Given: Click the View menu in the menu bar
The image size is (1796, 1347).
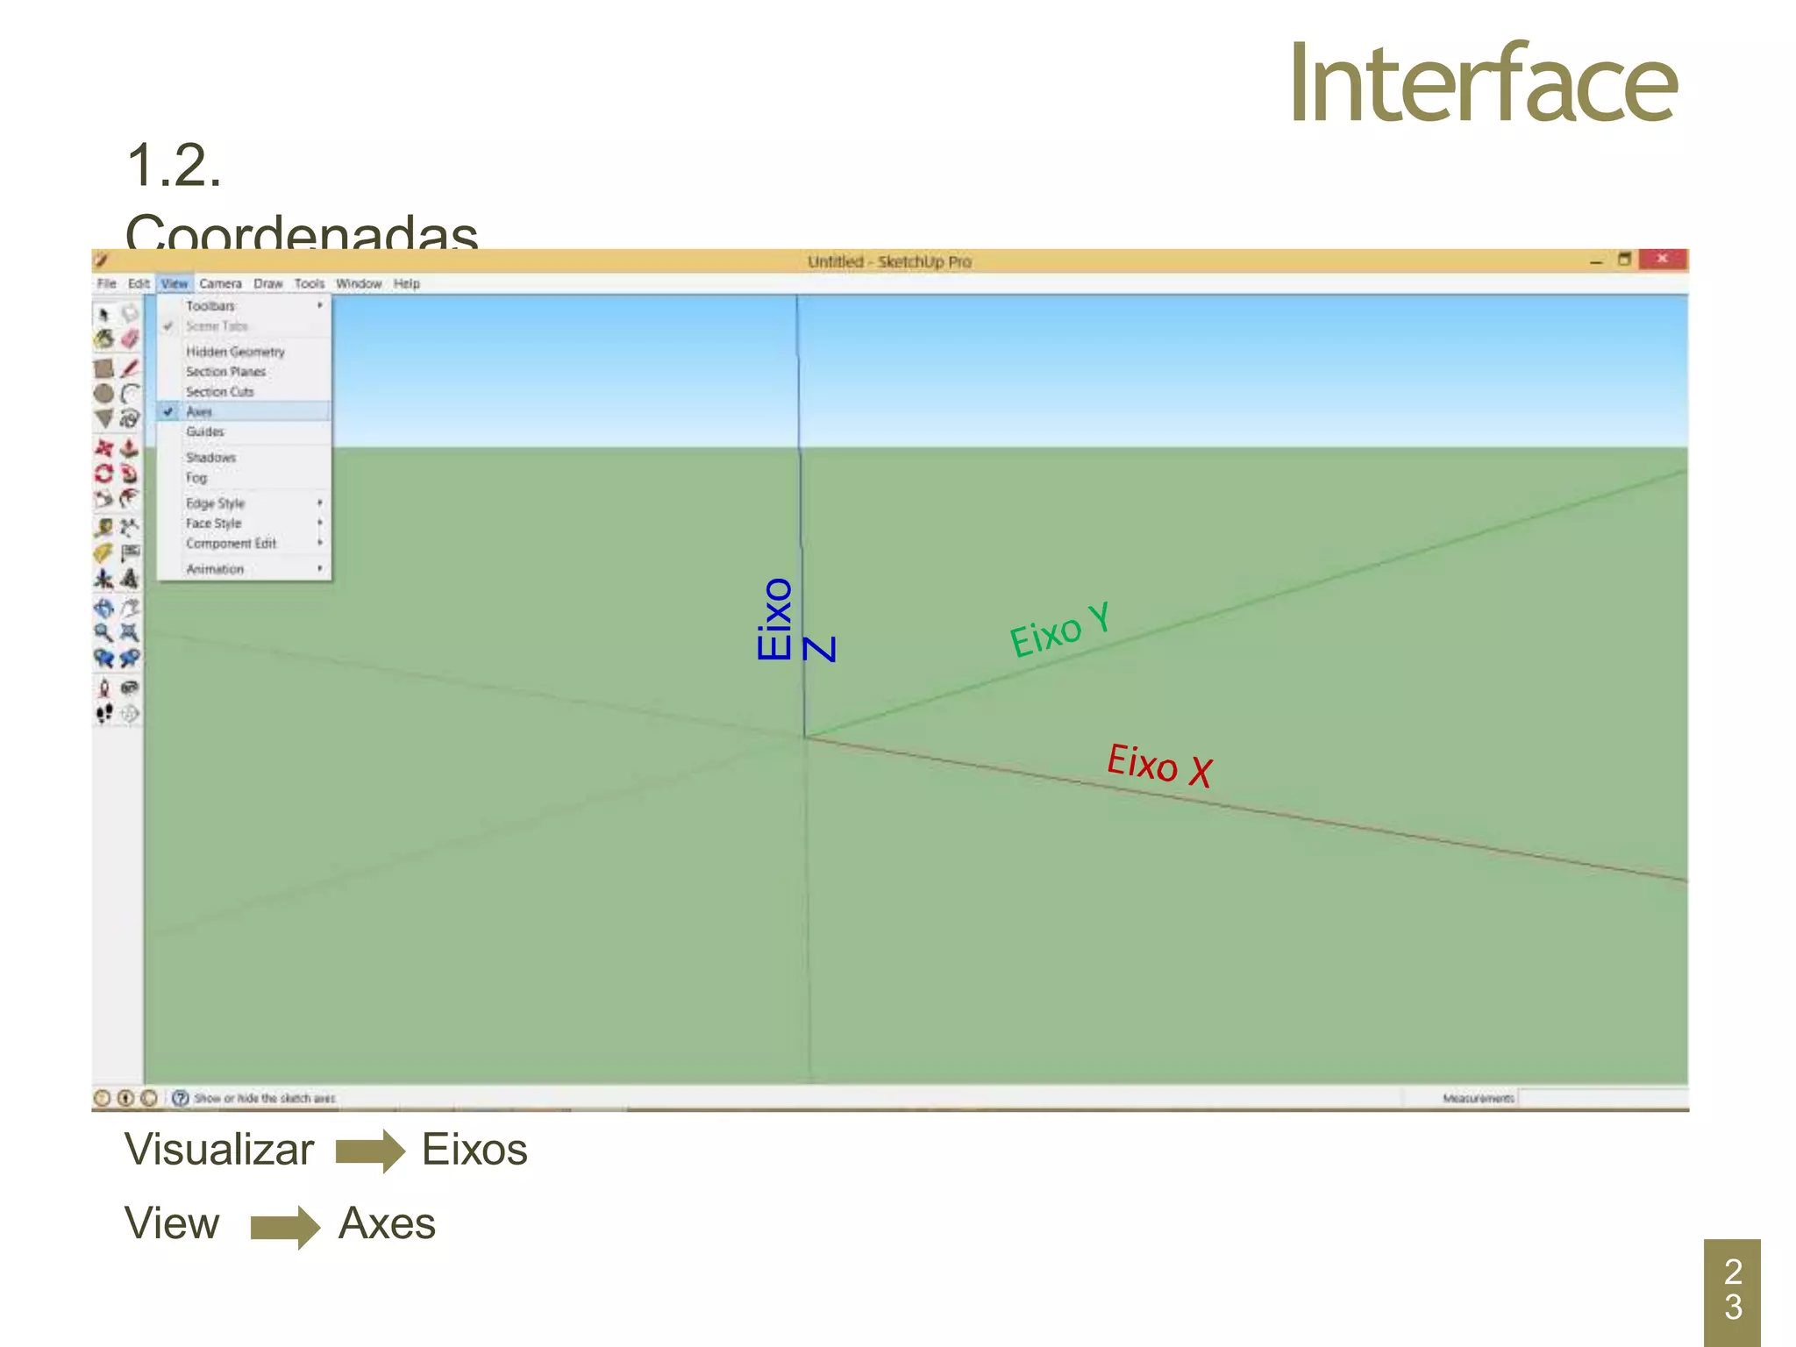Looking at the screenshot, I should [175, 284].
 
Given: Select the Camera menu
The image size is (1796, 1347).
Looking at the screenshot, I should [220, 284].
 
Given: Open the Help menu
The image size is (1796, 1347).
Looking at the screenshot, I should [406, 284].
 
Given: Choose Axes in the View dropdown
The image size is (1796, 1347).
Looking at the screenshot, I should [200, 412].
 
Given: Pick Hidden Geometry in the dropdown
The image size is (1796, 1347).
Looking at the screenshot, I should [235, 352].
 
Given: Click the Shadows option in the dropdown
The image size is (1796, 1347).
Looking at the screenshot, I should [210, 458].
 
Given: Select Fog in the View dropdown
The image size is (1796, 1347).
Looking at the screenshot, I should [196, 478].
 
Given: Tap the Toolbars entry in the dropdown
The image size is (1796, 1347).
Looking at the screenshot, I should [210, 306].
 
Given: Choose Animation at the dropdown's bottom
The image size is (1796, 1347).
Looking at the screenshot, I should [215, 569].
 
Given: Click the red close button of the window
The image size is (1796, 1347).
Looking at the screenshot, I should [1662, 259].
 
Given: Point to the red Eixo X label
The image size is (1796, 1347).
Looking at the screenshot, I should [1159, 764].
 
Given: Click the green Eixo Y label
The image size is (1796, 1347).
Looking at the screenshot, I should [1060, 629].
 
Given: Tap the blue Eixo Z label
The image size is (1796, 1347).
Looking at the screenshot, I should [794, 620].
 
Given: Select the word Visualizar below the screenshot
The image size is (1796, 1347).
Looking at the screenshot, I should [219, 1150].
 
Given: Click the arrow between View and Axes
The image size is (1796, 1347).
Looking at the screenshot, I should [284, 1226].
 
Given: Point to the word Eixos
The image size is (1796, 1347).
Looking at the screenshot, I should [474, 1150].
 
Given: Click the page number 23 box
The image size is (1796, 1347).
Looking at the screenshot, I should [1732, 1290].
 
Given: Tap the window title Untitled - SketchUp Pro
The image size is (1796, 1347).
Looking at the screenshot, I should [889, 261].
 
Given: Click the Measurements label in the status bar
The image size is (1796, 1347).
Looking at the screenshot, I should [1479, 1098].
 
